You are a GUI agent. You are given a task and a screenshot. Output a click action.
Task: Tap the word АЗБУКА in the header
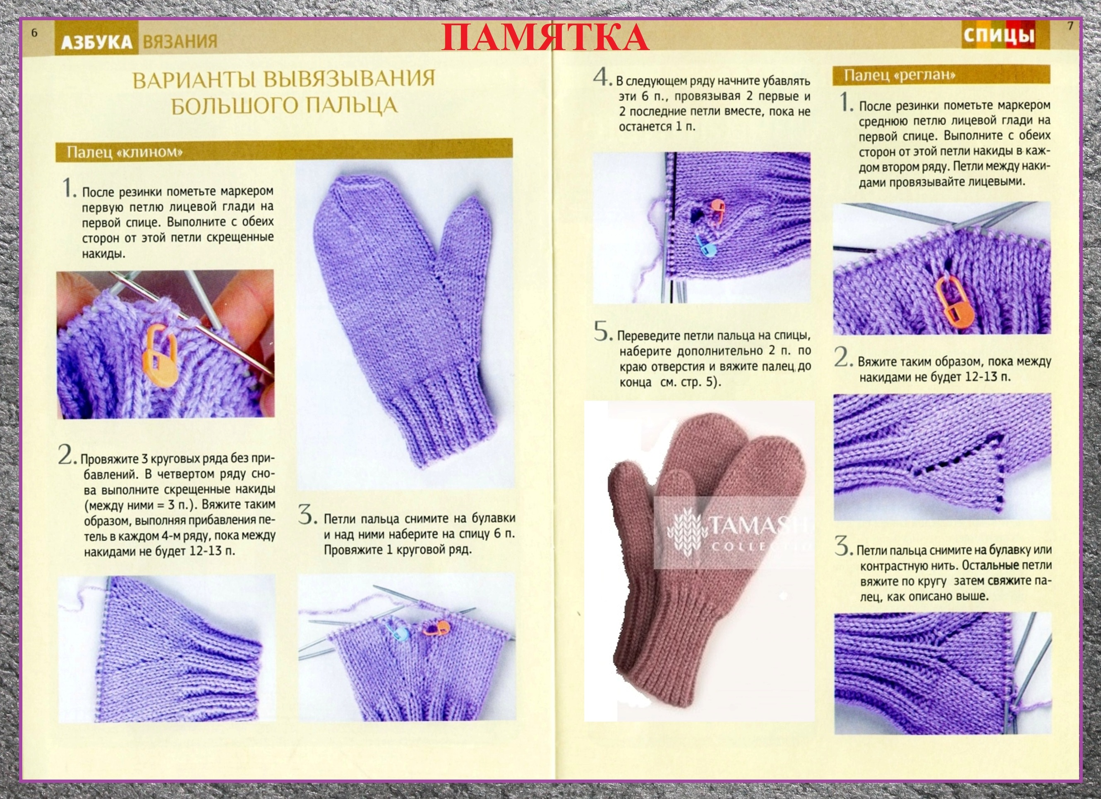click(96, 42)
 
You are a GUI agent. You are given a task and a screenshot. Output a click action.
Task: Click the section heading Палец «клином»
click(125, 152)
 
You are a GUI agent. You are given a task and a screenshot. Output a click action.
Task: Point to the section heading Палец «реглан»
click(900, 75)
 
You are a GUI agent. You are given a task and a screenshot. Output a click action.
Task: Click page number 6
click(34, 33)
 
